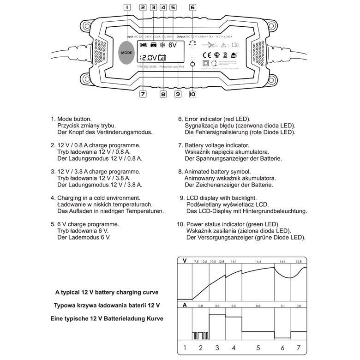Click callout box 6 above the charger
tap(193, 7)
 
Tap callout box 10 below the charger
tap(192, 94)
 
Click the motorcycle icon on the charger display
tap(143, 45)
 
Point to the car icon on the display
tap(153, 45)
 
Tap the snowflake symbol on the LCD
tap(162, 45)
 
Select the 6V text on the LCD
tap(173, 45)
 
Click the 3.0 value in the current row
tap(233, 306)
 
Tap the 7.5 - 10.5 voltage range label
tap(200, 262)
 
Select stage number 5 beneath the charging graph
tap(258, 348)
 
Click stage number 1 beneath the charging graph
tap(185, 348)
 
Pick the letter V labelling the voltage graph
tap(185, 261)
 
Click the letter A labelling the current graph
tap(185, 305)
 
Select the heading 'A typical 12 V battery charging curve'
tap(107, 292)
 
